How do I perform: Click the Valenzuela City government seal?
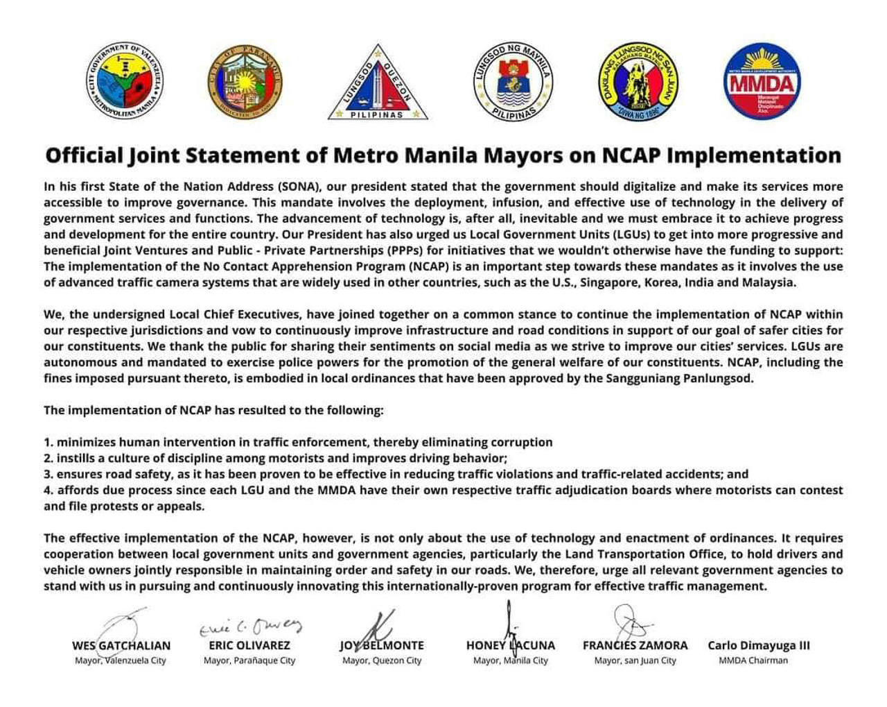click(125, 80)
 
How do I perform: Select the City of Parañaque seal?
click(245, 80)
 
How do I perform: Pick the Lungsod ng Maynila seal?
click(513, 82)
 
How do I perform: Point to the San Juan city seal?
click(638, 80)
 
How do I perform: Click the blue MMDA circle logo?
click(762, 80)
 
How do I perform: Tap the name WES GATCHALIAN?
click(121, 645)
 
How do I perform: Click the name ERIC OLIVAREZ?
click(249, 645)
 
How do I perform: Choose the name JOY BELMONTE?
click(382, 645)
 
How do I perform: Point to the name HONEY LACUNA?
click(511, 645)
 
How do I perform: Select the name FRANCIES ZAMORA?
click(635, 645)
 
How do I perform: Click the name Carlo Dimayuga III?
click(759, 645)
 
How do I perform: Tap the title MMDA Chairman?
click(753, 661)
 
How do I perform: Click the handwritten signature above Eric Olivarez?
click(251, 627)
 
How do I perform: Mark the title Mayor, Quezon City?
click(382, 661)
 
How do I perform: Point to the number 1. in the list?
click(49, 443)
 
